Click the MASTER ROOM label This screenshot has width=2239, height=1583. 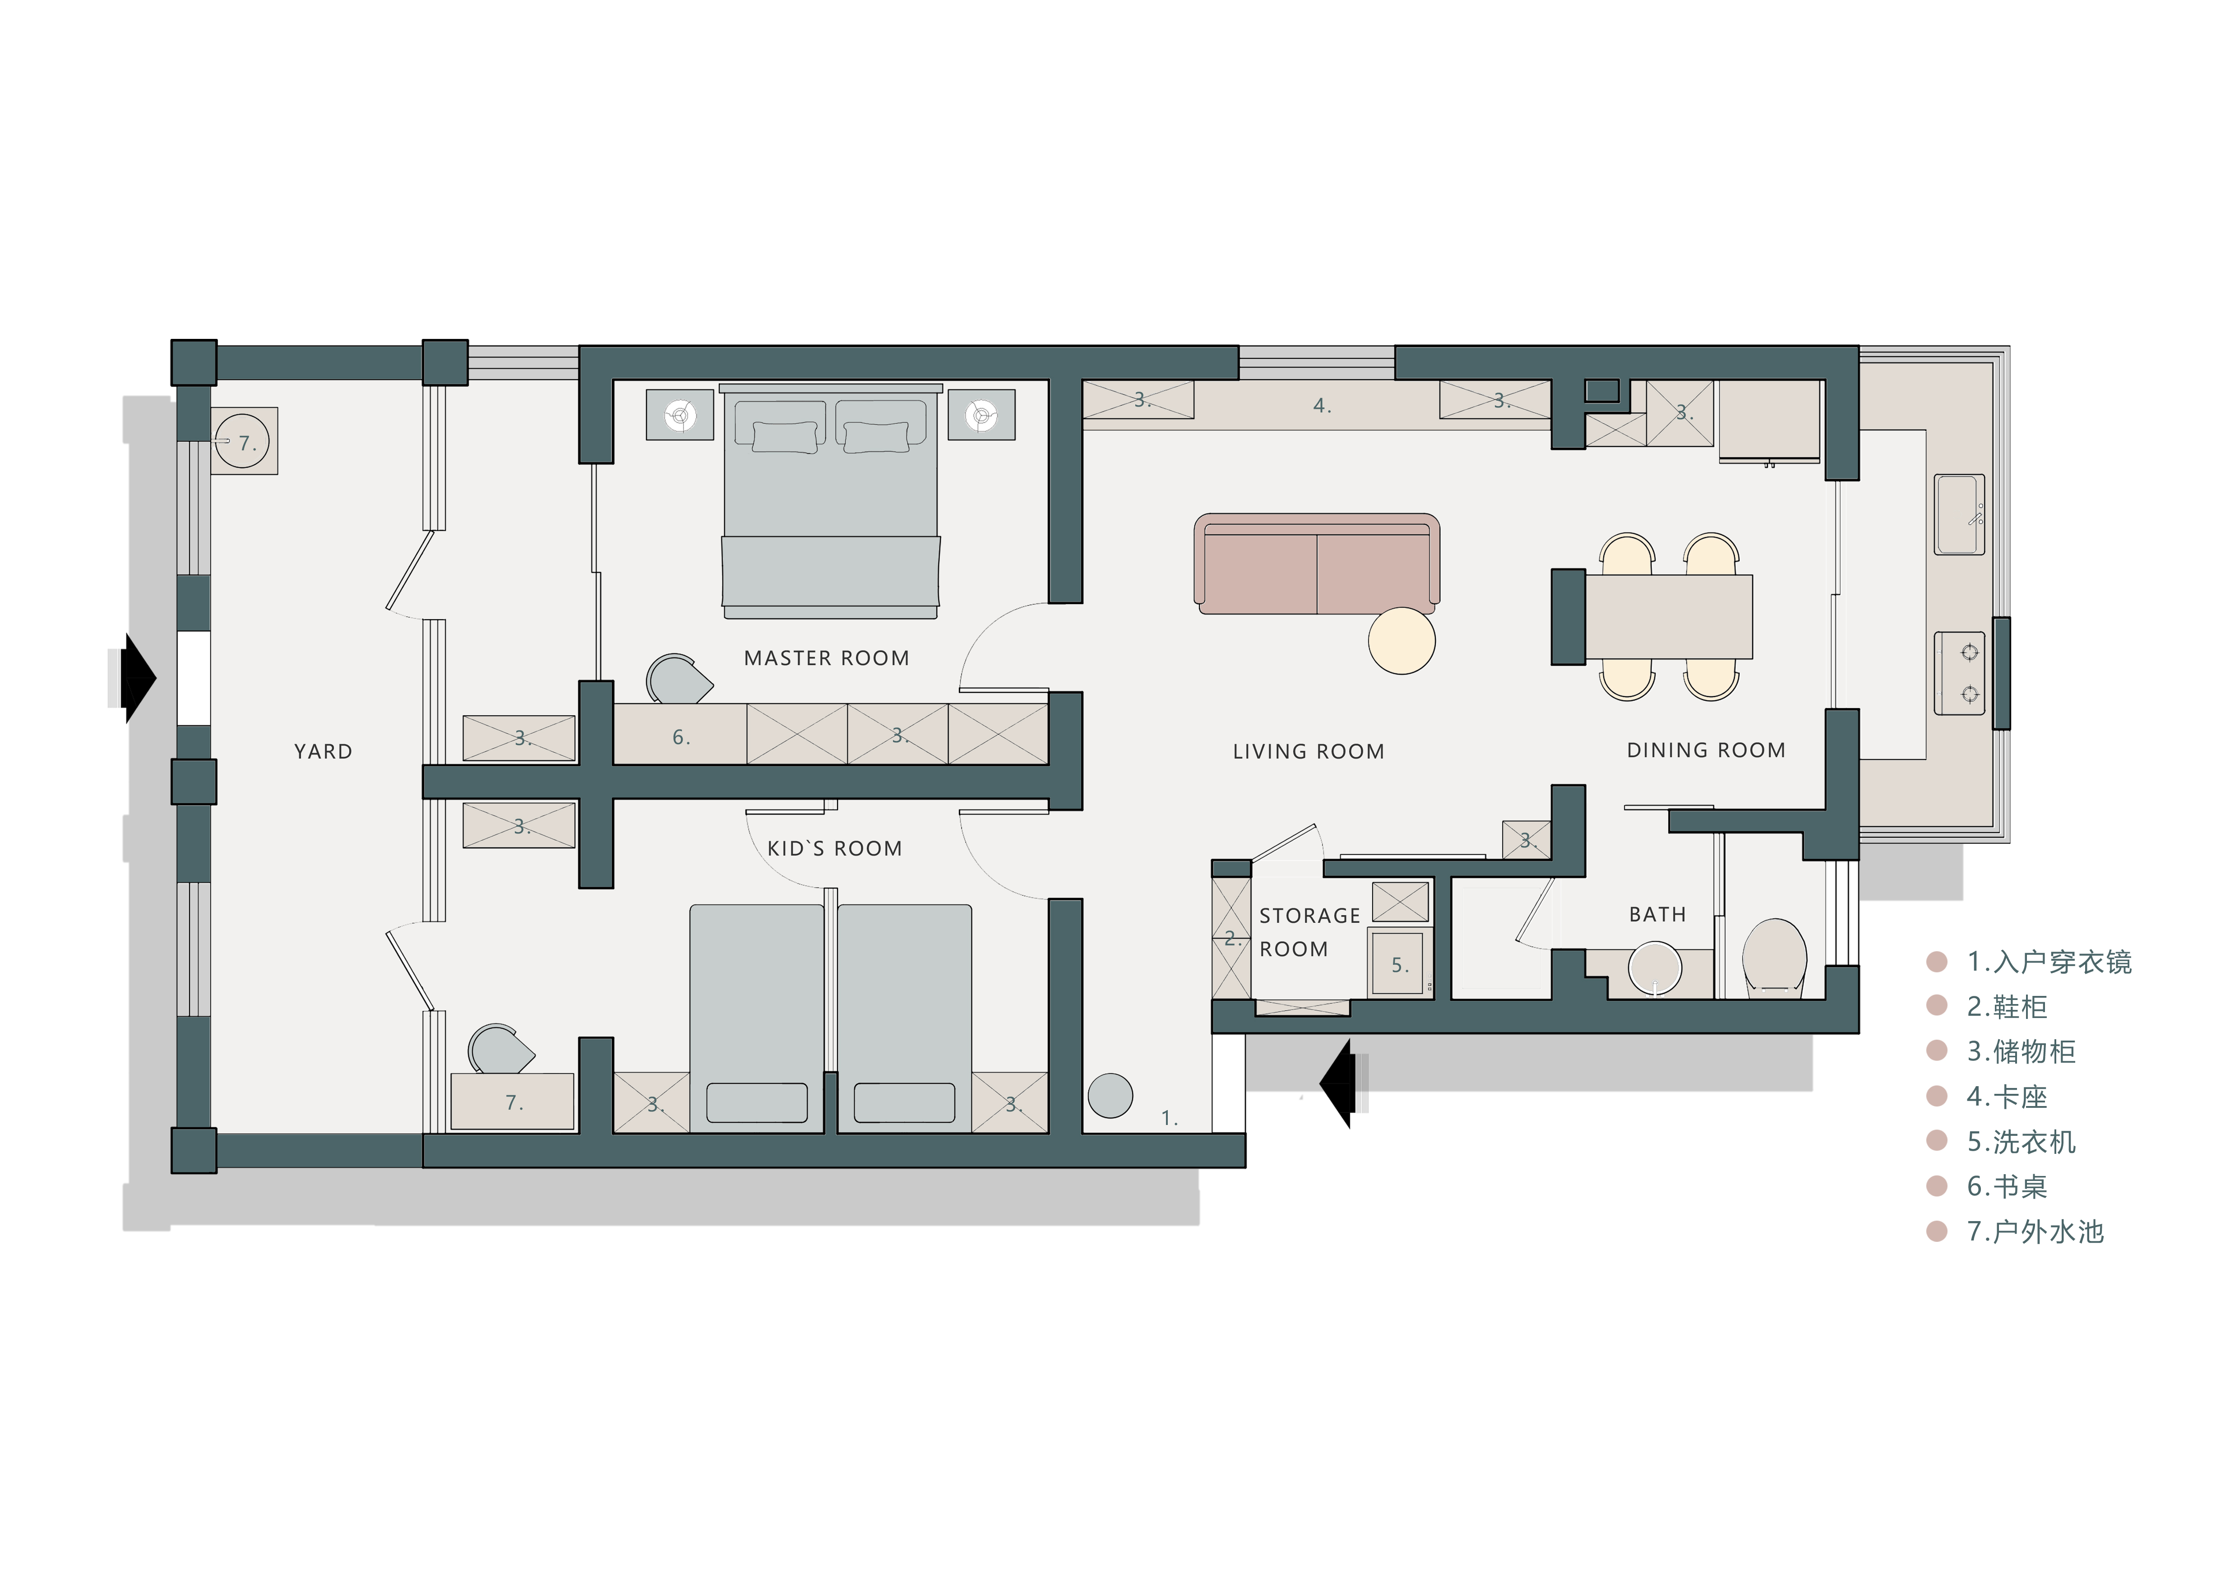click(826, 658)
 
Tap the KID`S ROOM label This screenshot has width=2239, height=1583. click(835, 848)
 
